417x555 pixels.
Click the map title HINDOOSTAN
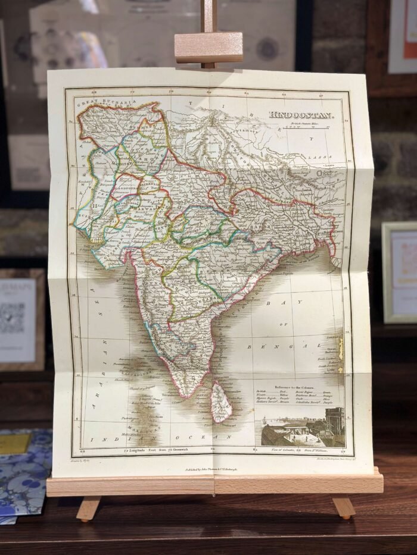click(x=301, y=114)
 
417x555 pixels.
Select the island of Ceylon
click(x=222, y=402)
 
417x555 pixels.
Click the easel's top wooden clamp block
click(x=208, y=48)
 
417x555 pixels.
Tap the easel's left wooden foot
click(x=88, y=509)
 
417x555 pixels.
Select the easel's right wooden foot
click(x=344, y=507)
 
